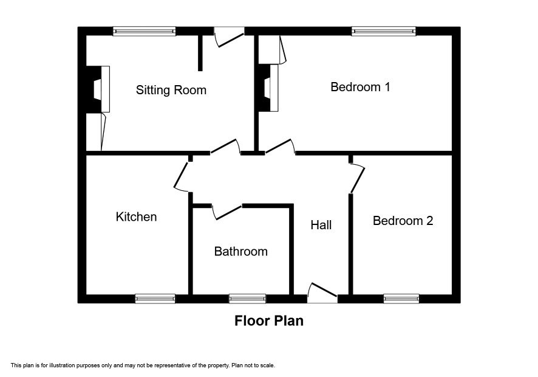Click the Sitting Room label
point(171,90)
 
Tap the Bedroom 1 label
point(360,87)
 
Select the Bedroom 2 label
point(403,221)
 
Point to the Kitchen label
point(136,217)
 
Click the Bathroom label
point(241,252)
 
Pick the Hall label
point(321,225)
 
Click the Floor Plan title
point(269,320)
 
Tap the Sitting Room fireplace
point(98,89)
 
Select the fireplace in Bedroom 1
point(268,88)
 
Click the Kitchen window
point(155,299)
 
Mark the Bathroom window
point(247,299)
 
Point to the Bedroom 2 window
point(401,299)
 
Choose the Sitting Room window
point(145,31)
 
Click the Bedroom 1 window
point(384,31)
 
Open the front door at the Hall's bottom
point(322,293)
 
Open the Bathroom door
point(226,212)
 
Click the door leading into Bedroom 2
point(357,179)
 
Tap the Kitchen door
point(181,177)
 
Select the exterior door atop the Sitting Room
point(229,37)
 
